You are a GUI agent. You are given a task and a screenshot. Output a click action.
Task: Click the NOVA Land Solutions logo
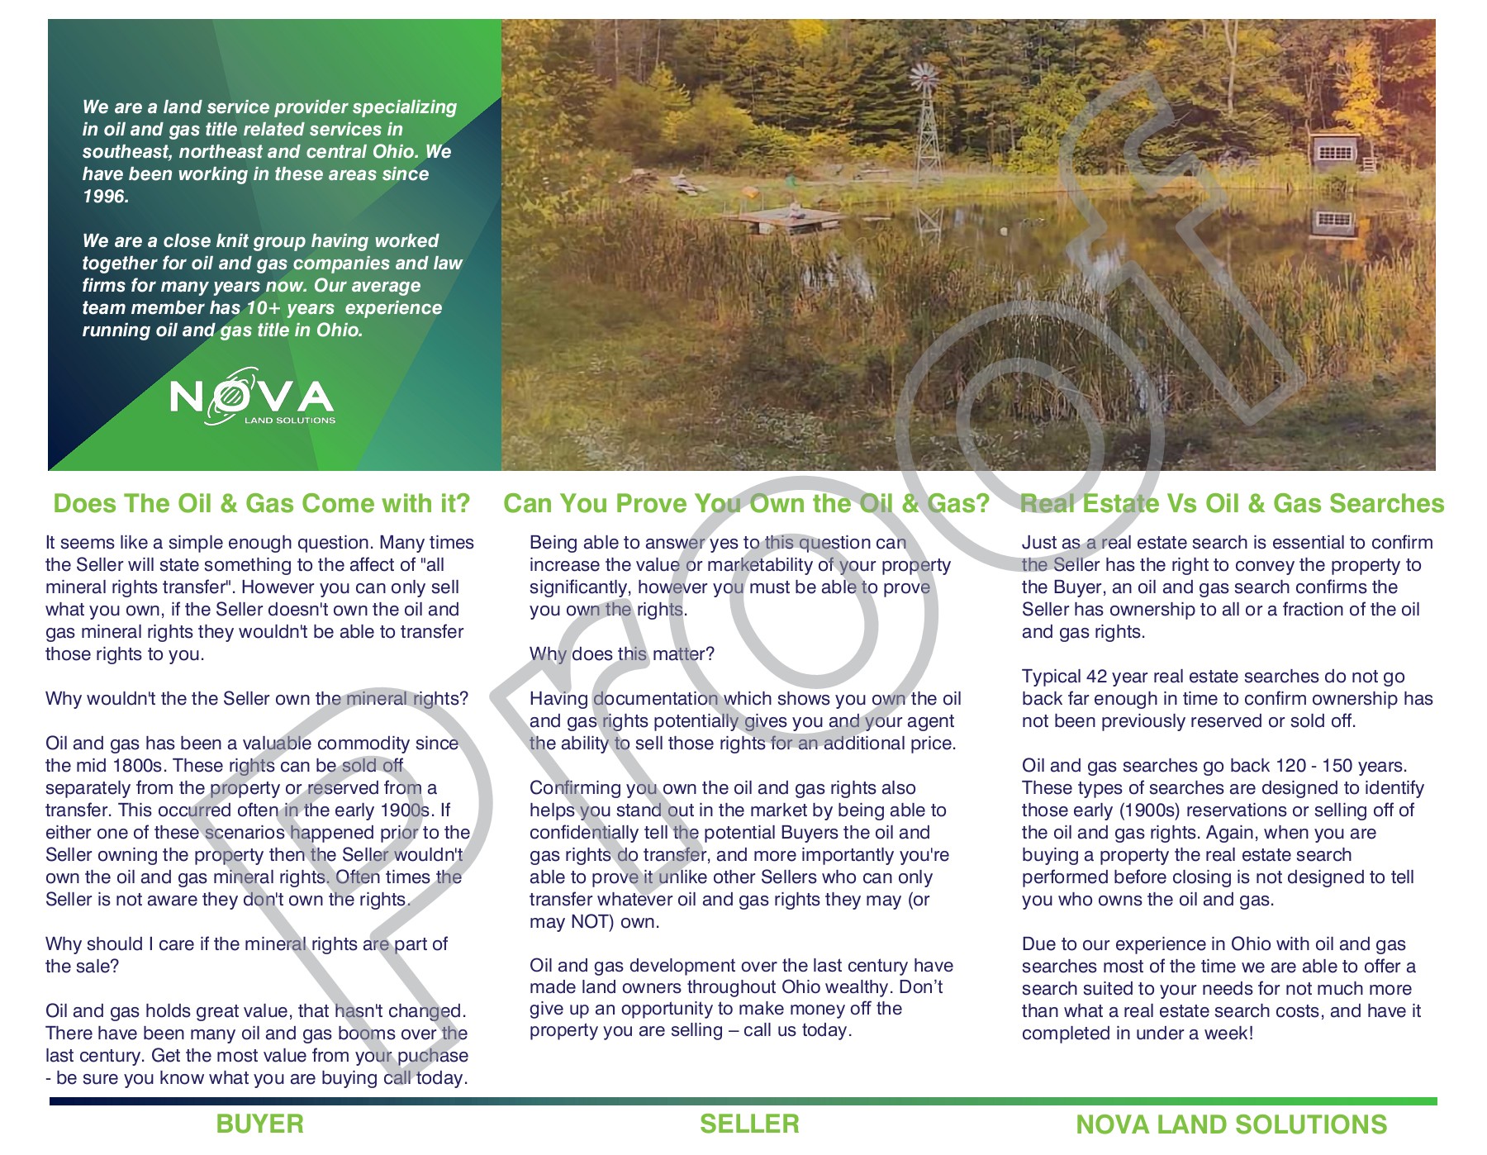252,399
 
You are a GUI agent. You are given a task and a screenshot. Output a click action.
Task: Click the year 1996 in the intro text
105,197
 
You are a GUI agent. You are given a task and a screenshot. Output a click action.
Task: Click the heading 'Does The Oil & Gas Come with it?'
261,503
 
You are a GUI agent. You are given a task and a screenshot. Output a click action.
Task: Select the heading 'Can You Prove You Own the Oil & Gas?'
746,503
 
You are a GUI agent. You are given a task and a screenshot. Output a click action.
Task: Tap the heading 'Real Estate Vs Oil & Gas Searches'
1232,503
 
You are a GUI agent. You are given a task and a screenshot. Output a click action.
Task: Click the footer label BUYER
259,1124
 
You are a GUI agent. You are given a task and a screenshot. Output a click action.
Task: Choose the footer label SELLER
749,1124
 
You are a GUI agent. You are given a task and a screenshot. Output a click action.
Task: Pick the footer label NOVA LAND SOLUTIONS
1231,1124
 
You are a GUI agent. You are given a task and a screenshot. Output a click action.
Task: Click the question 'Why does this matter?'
621,654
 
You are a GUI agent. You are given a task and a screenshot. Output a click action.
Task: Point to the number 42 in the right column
1096,677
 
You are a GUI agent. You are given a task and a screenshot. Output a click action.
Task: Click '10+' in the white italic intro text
264,308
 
